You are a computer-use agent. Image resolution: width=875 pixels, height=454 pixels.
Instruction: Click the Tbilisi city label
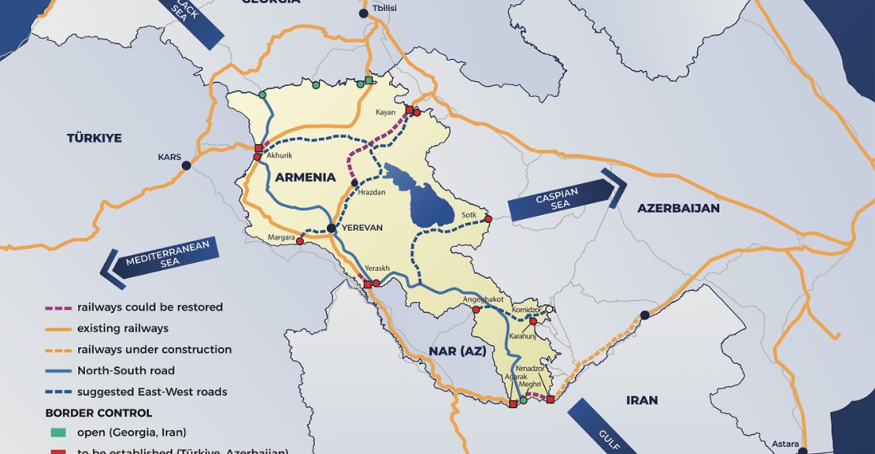[x=383, y=8]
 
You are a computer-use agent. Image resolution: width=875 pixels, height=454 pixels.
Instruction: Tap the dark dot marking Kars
[x=186, y=166]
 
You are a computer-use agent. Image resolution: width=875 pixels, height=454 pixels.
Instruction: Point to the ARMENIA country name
[x=305, y=178]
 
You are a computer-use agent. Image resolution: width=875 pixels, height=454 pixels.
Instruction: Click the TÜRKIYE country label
[x=94, y=138]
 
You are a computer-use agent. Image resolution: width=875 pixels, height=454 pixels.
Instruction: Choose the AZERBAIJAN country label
[x=678, y=208]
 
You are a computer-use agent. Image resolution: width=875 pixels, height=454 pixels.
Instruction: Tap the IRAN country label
[x=642, y=400]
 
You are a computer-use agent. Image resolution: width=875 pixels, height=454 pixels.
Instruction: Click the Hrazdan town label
[x=371, y=194]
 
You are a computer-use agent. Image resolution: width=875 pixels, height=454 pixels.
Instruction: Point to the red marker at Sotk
[x=488, y=218]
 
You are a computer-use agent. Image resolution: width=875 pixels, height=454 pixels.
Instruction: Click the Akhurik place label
[x=280, y=156]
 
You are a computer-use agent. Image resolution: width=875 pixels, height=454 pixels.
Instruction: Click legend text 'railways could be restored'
[x=150, y=307]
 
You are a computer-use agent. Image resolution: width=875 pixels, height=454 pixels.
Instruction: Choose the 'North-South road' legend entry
[x=126, y=370]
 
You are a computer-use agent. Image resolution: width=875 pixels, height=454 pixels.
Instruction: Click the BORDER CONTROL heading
[x=98, y=413]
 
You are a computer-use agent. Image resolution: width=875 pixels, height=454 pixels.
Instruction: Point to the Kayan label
[x=385, y=112]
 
